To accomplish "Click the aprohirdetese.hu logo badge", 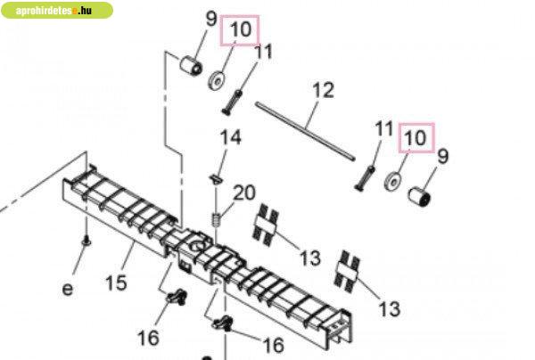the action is tap(57, 10).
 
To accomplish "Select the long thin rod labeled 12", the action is tap(305, 131).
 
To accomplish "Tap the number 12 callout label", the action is tap(323, 90).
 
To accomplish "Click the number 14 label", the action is tap(231, 137).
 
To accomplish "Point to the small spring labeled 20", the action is tap(217, 219).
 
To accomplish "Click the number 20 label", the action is tap(244, 192).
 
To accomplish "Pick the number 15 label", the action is tap(116, 282).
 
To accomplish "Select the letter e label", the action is tap(68, 290).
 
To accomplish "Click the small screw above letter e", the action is tap(86, 241).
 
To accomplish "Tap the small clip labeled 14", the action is tap(215, 178).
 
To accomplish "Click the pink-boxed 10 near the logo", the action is tap(240, 30).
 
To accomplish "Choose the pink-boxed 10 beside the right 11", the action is tap(416, 138).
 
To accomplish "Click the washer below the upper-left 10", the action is tap(217, 81).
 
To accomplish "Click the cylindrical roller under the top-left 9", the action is tap(191, 66).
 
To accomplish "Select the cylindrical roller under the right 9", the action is tap(420, 196).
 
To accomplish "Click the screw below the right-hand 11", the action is tap(365, 178).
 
